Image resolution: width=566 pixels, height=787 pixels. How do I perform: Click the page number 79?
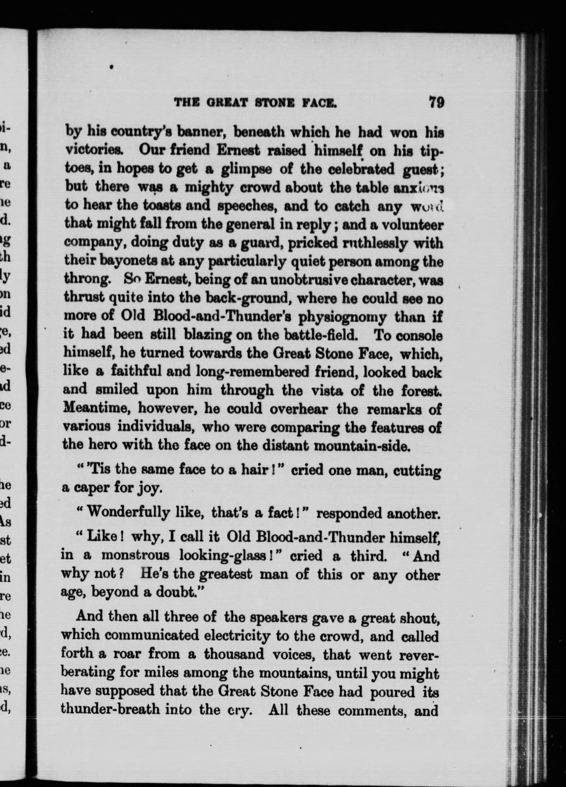pyautogui.click(x=436, y=103)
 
